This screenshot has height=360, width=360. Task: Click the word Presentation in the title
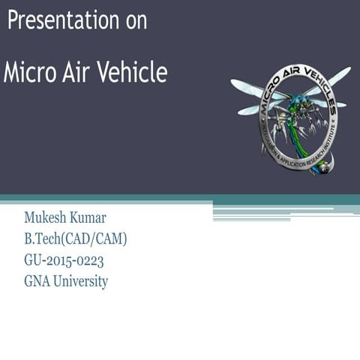click(63, 21)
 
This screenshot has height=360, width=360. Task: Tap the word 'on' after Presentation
click(136, 21)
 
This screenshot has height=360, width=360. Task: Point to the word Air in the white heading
click(73, 73)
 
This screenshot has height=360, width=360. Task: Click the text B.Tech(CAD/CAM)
click(76, 240)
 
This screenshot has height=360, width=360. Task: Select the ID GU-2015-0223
click(64, 261)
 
